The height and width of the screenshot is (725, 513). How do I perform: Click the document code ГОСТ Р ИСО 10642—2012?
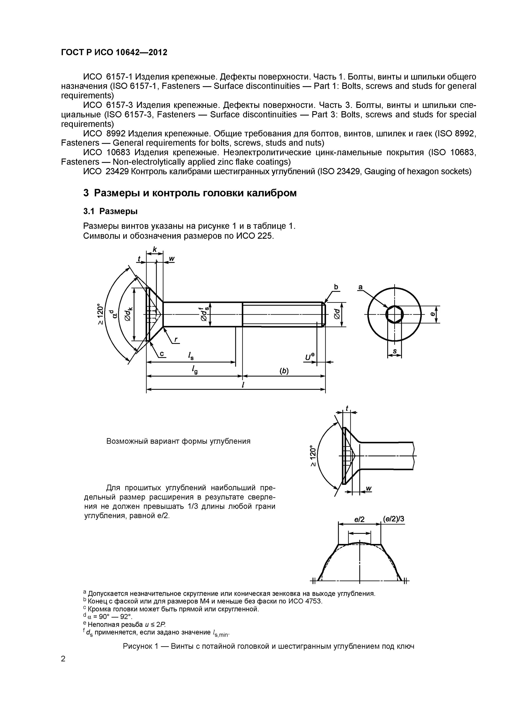(x=114, y=52)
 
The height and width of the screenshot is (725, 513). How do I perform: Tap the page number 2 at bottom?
(x=63, y=659)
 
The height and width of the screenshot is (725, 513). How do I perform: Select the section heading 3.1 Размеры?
(x=110, y=211)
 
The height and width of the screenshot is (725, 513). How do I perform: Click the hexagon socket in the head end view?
(x=394, y=314)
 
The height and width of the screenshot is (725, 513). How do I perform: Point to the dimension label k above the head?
(x=155, y=249)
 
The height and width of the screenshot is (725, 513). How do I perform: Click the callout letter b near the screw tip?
(x=336, y=287)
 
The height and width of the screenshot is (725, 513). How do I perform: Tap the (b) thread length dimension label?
(x=284, y=371)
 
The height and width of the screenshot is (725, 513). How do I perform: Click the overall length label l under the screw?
(x=243, y=385)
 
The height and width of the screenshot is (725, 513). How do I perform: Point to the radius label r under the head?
(x=176, y=340)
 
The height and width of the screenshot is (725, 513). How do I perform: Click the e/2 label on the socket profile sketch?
(x=359, y=519)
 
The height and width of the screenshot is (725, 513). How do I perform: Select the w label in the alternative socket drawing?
(x=368, y=489)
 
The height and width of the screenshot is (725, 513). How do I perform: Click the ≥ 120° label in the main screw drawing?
(x=100, y=314)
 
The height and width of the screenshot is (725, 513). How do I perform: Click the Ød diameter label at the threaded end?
(x=337, y=314)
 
